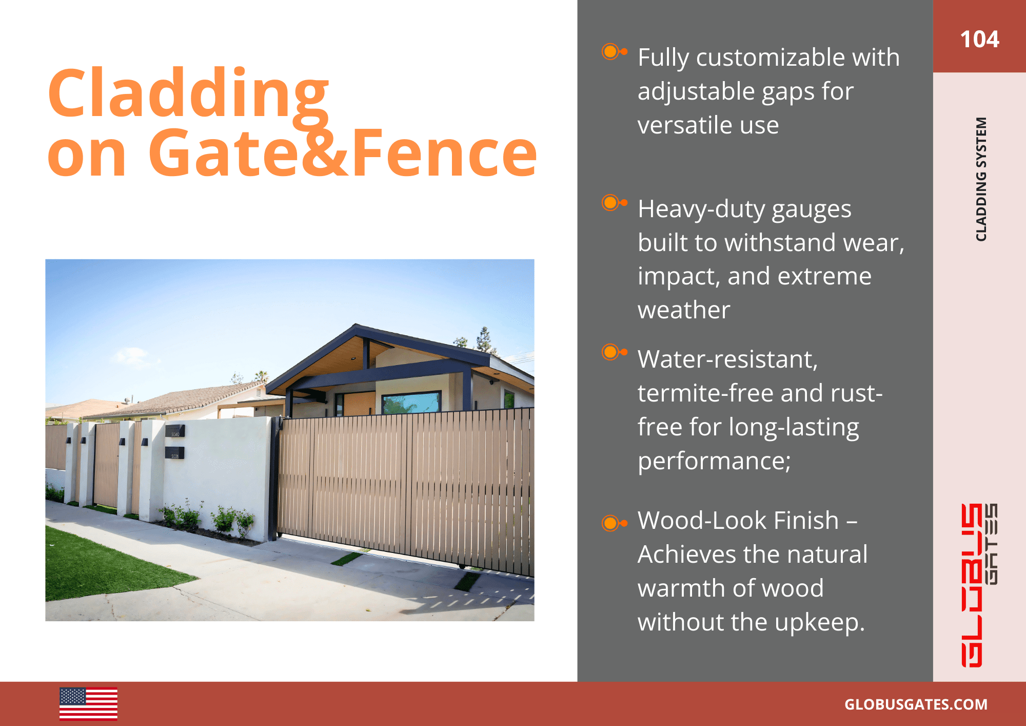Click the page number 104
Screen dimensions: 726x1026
click(x=979, y=39)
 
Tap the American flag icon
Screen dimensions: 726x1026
click(x=88, y=703)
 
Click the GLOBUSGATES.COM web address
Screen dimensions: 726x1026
click(x=916, y=704)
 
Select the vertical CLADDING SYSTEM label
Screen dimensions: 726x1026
click(x=981, y=179)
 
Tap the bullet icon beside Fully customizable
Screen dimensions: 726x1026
click(x=613, y=51)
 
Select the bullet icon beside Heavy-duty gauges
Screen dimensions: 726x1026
click(x=613, y=203)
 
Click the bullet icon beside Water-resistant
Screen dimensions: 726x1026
click(x=613, y=352)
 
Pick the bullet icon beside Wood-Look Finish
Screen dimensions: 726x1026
click(x=613, y=523)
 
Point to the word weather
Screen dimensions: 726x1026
click(x=683, y=310)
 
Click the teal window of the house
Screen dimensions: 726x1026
click(x=411, y=403)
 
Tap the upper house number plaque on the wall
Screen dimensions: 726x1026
click(x=175, y=431)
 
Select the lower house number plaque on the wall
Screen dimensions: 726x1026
click(x=174, y=453)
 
